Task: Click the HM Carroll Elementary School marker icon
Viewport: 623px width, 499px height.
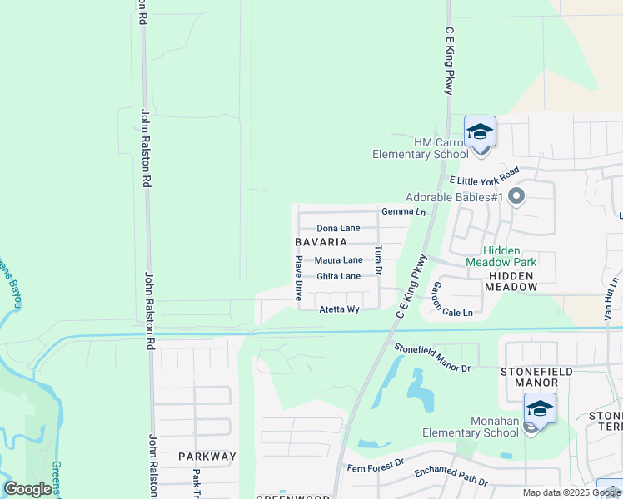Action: pyautogui.click(x=480, y=134)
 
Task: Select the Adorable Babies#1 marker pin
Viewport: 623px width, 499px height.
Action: pyautogui.click(x=516, y=197)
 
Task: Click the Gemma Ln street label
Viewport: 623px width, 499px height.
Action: pyautogui.click(x=403, y=212)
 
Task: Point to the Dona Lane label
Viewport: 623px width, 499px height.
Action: pyautogui.click(x=338, y=228)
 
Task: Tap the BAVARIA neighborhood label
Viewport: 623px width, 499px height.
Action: pyautogui.click(x=321, y=242)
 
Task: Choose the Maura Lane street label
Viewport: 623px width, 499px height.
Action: pyautogui.click(x=338, y=260)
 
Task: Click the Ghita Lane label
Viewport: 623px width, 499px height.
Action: pyautogui.click(x=338, y=276)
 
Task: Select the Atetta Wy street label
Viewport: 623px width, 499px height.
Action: pyautogui.click(x=339, y=309)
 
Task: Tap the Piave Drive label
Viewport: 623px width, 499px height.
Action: pyautogui.click(x=297, y=278)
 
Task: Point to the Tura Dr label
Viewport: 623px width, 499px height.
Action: pyautogui.click(x=377, y=259)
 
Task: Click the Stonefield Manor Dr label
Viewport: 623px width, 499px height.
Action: pyautogui.click(x=432, y=358)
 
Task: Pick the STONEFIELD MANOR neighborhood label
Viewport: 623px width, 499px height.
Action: pyautogui.click(x=528, y=377)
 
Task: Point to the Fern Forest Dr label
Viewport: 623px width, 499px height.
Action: pyautogui.click(x=375, y=464)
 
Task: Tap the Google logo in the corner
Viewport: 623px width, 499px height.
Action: pyautogui.click(x=27, y=488)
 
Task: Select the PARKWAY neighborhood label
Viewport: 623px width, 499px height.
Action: pyautogui.click(x=207, y=457)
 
